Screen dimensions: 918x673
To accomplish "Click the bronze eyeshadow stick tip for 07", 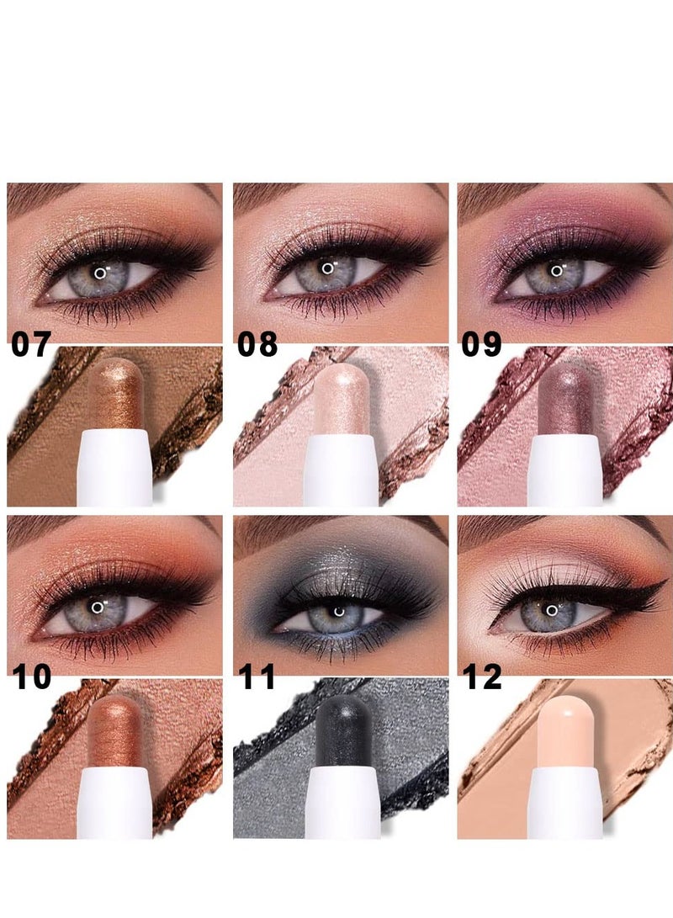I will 116,388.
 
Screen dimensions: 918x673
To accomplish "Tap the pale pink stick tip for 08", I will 342,388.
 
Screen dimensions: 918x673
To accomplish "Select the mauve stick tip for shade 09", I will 565,388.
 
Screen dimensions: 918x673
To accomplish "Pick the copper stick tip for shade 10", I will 116,719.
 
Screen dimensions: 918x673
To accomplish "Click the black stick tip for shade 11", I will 342,719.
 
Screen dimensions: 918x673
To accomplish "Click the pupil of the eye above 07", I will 100,273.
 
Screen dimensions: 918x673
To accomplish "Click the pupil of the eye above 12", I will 551,610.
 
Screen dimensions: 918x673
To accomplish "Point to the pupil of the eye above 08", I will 326,270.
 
